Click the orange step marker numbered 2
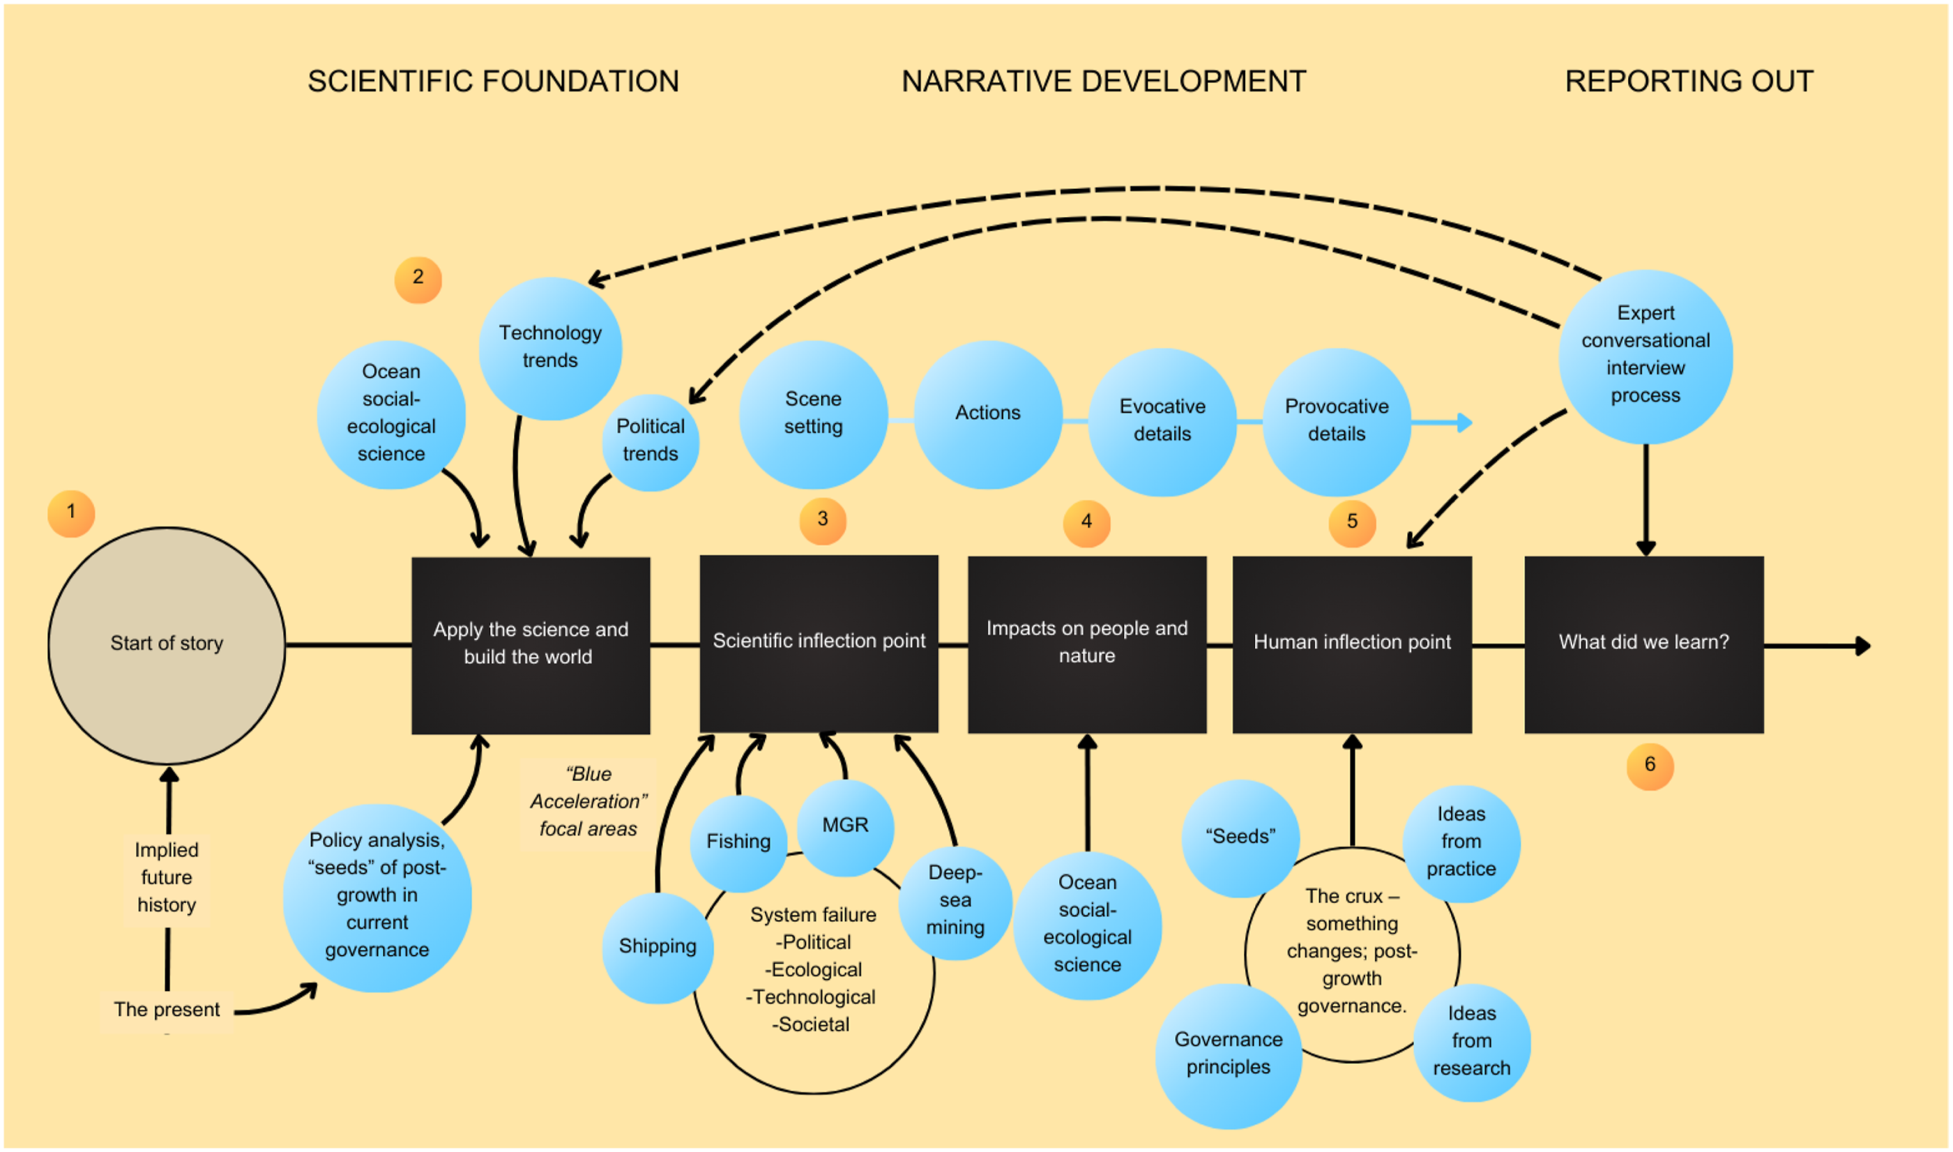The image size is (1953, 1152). (x=418, y=280)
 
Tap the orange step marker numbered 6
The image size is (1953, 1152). (x=1650, y=766)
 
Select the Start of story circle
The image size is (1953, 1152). (x=167, y=645)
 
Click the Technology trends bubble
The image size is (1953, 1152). (x=550, y=349)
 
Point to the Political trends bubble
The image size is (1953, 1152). (x=651, y=443)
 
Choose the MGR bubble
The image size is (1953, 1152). (x=845, y=828)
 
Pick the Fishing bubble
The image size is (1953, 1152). (x=738, y=843)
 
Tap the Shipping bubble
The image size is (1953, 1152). (x=658, y=948)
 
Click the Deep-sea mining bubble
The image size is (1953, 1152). (x=955, y=902)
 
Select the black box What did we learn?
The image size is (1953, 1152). (x=1644, y=644)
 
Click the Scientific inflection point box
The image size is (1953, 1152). (x=819, y=644)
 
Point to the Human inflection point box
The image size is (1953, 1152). (x=1352, y=644)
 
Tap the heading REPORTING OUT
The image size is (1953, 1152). (x=1689, y=82)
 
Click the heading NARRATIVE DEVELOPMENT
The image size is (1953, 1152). (x=1103, y=82)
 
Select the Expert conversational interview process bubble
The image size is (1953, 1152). (x=1646, y=356)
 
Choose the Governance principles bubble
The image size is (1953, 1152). (x=1229, y=1055)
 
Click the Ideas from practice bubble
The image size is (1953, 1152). (x=1461, y=843)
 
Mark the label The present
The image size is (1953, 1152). (x=167, y=1010)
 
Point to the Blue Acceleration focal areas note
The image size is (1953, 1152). (x=588, y=802)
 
